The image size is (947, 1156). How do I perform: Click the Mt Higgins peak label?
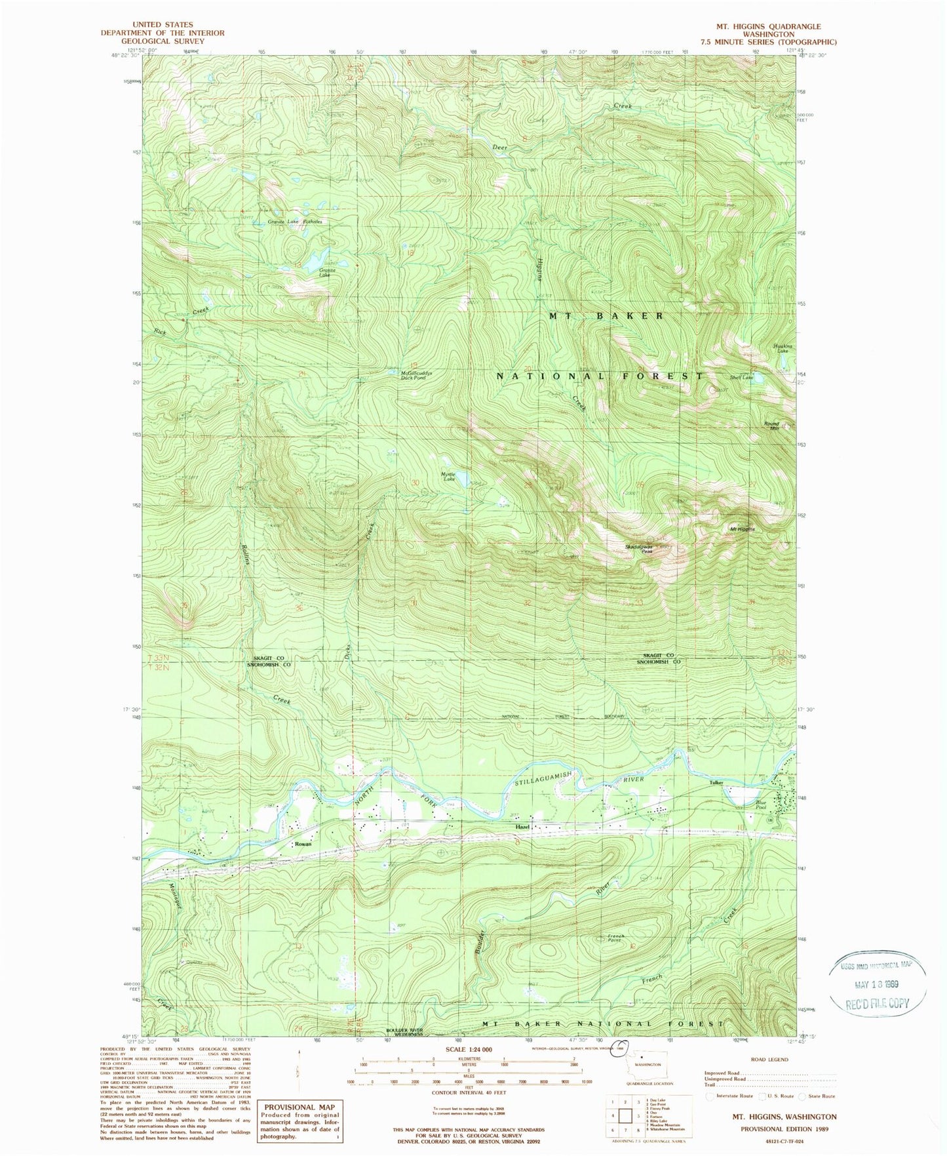click(x=742, y=528)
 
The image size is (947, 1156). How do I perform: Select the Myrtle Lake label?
click(x=448, y=477)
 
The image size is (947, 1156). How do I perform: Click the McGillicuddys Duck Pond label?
click(x=417, y=376)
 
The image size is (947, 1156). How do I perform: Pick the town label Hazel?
click(x=522, y=827)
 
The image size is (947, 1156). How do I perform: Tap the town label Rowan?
click(x=303, y=844)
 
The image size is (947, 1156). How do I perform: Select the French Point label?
click(x=616, y=938)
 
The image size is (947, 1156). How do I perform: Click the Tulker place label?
click(x=715, y=783)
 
